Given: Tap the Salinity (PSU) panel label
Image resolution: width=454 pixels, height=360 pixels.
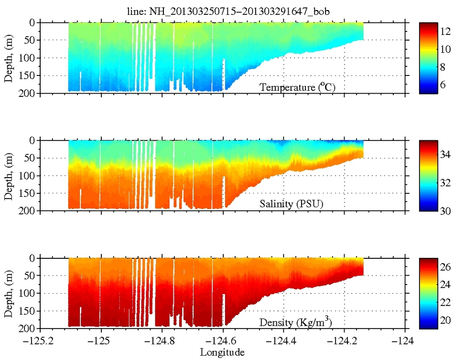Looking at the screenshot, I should (292, 204).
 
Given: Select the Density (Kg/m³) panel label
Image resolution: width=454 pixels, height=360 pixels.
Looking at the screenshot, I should (296, 322).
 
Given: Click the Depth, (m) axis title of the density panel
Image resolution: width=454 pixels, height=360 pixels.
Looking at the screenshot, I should (9, 293).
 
